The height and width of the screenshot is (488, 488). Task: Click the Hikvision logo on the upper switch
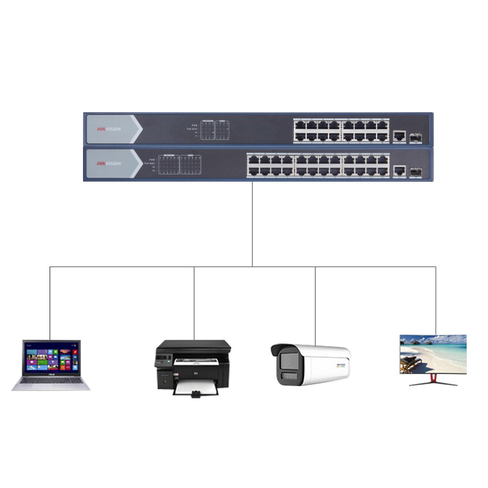click(x=109, y=129)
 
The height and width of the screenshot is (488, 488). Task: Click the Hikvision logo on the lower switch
click(x=109, y=164)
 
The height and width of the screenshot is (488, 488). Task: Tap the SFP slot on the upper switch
click(x=417, y=136)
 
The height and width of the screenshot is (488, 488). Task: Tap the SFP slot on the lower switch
click(x=417, y=171)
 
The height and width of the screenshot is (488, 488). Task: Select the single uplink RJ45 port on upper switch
click(x=400, y=136)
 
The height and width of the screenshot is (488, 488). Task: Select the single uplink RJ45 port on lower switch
click(x=400, y=171)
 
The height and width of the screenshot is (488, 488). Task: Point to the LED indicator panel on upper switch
click(x=216, y=129)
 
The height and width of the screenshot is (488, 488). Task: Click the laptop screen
click(x=51, y=358)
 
